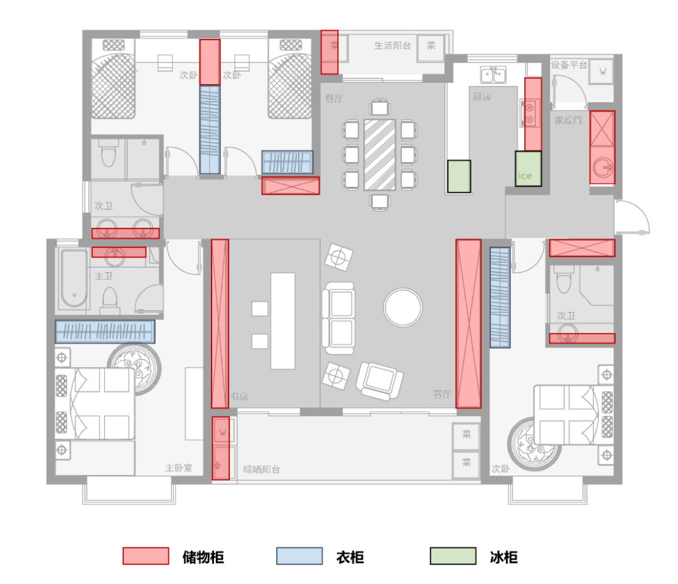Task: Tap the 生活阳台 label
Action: [x=392, y=45]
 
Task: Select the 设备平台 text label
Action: [x=569, y=65]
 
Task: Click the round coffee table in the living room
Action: [x=402, y=307]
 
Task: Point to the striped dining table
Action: [x=380, y=154]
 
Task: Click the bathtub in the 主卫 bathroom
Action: [x=73, y=279]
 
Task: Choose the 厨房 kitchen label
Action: [x=482, y=96]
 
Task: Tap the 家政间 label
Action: [x=568, y=120]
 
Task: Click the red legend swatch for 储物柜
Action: [x=146, y=556]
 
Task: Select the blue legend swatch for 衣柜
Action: [x=299, y=556]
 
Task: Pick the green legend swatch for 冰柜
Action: [x=453, y=556]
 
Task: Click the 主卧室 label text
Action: [x=178, y=468]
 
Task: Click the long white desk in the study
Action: [x=282, y=321]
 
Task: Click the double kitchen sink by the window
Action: [x=493, y=75]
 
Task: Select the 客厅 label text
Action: [x=442, y=395]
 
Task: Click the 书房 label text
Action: [x=240, y=396]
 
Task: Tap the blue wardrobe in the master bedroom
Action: [x=105, y=331]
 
